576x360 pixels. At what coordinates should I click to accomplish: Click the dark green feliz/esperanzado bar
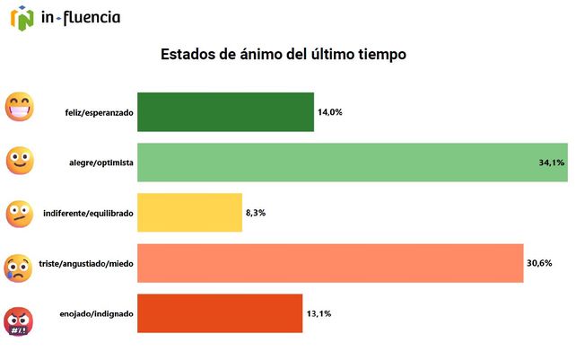225,112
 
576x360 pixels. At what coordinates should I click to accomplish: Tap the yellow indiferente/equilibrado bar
189,213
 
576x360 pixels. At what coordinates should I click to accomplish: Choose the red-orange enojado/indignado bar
220,313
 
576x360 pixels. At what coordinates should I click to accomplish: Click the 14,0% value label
330,112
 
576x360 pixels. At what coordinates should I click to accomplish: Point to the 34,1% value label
551,162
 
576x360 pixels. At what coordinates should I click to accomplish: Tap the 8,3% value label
256,213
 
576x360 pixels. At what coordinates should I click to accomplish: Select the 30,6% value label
539,263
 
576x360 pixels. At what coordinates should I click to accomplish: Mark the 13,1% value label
319,313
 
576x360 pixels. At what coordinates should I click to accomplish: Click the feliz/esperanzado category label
99,113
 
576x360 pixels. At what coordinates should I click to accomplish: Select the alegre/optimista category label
100,163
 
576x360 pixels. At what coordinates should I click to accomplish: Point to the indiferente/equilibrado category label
88,214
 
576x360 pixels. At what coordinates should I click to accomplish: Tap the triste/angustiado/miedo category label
86,264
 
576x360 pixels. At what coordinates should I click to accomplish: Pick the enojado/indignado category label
97,314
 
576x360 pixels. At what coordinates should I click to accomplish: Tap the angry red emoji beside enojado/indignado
20,320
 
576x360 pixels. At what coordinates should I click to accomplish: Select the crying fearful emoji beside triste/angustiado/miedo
20,268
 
